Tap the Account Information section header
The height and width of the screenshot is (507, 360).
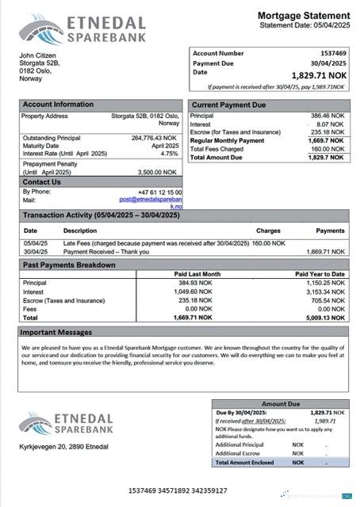pos(58,105)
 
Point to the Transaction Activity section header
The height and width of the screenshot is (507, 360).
pos(101,215)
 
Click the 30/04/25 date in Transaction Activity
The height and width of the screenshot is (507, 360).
pos(36,251)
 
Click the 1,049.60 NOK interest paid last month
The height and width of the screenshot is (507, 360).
pos(193,292)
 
